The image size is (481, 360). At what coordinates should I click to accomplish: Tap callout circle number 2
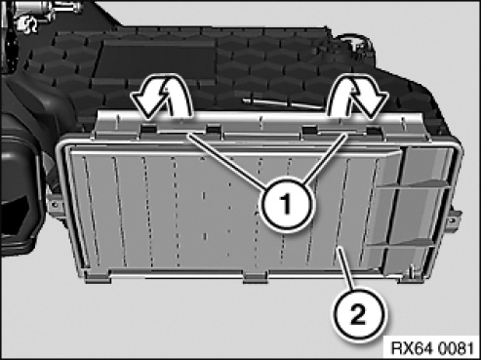coord(358,315)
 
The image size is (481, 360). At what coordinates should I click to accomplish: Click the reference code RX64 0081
coord(431,348)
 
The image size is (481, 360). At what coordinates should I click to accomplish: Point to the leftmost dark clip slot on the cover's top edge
coord(148,129)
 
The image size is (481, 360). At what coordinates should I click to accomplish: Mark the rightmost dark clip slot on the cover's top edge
coord(374,131)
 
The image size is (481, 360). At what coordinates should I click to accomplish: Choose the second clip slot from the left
coord(214,129)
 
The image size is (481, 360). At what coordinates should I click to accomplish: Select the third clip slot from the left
coord(309,130)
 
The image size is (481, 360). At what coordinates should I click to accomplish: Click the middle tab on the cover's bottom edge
coord(255,277)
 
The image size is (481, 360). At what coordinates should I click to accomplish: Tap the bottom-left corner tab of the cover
coord(97,277)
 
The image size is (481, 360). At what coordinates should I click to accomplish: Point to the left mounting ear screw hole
coord(54,205)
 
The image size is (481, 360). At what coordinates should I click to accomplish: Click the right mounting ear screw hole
coord(451,221)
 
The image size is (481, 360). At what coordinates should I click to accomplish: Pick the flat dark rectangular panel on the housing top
coord(158,60)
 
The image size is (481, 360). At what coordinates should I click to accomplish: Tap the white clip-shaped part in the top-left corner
coord(26,24)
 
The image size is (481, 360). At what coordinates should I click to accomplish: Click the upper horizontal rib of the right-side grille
coord(413,184)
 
